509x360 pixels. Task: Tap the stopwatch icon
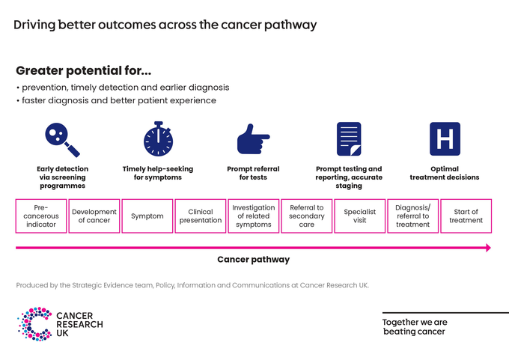[x=158, y=138]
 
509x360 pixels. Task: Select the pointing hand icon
[x=253, y=140]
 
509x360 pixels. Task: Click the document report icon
[x=349, y=139]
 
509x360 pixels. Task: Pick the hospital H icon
[x=445, y=139]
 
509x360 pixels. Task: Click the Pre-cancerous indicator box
[x=41, y=216]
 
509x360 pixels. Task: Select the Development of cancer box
[x=94, y=216]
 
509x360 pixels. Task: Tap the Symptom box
[x=147, y=216]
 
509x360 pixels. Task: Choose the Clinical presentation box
[x=201, y=216]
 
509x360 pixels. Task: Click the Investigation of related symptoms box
[x=254, y=216]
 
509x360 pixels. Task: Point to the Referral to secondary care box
[x=307, y=216]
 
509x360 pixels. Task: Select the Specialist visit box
[x=360, y=216]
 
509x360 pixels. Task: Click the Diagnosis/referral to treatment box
[x=413, y=216]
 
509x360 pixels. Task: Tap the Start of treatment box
[x=466, y=216]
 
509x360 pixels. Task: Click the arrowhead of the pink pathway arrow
[x=487, y=248]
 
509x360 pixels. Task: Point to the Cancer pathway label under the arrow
[x=253, y=260]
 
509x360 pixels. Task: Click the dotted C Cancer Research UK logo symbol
[x=34, y=324]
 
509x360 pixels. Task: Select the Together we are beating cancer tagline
[x=415, y=327]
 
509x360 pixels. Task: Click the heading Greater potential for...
[x=83, y=72]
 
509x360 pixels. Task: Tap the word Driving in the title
[x=34, y=25]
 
